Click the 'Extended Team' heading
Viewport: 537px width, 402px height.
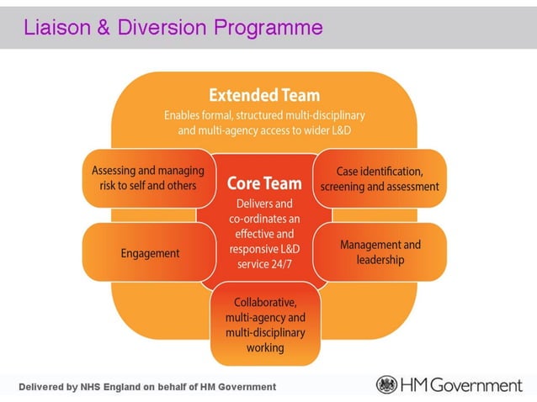[264, 94]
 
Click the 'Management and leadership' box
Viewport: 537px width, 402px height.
[380, 251]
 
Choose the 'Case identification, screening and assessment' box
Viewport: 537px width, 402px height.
[380, 178]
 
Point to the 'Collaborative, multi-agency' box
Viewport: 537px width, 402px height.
[265, 324]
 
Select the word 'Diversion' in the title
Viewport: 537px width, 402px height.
[162, 28]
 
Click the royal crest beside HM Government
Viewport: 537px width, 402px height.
[386, 385]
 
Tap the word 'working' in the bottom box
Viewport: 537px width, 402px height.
[265, 347]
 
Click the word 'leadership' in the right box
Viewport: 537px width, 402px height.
[380, 260]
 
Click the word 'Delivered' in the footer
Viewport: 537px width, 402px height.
[45, 387]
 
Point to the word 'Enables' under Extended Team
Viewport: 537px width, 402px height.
[184, 114]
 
